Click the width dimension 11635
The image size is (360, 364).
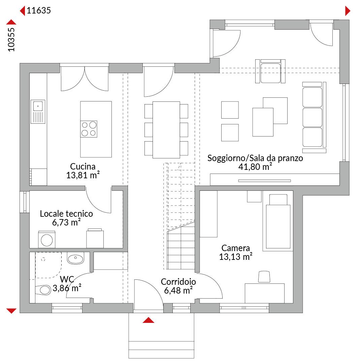pyautogui.click(x=39, y=10)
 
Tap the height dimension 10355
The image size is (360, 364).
pyautogui.click(x=11, y=40)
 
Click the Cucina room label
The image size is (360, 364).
pyautogui.click(x=83, y=166)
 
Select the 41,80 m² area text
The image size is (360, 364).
pyautogui.click(x=255, y=167)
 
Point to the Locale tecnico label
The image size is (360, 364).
pyautogui.click(x=66, y=214)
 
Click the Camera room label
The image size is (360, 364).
pyautogui.click(x=236, y=248)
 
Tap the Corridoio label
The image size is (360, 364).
pyautogui.click(x=178, y=282)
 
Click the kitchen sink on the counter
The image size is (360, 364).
pyautogui.click(x=38, y=112)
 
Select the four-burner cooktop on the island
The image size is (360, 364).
pyautogui.click(x=89, y=129)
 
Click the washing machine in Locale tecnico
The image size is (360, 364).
pyautogui.click(x=46, y=239)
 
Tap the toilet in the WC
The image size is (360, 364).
pyautogui.click(x=43, y=290)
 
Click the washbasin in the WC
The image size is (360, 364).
pyautogui.click(x=75, y=258)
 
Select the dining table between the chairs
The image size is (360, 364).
pyautogui.click(x=166, y=130)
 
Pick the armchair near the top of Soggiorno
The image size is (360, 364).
pyautogui.click(x=270, y=71)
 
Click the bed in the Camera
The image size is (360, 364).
pyautogui.click(x=278, y=221)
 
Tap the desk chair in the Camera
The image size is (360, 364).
pyautogui.click(x=264, y=277)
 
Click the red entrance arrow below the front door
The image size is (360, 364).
pyautogui.click(x=149, y=320)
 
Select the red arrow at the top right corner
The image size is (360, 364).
pyautogui.click(x=348, y=11)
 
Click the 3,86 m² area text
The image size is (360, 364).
pyautogui.click(x=67, y=288)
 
